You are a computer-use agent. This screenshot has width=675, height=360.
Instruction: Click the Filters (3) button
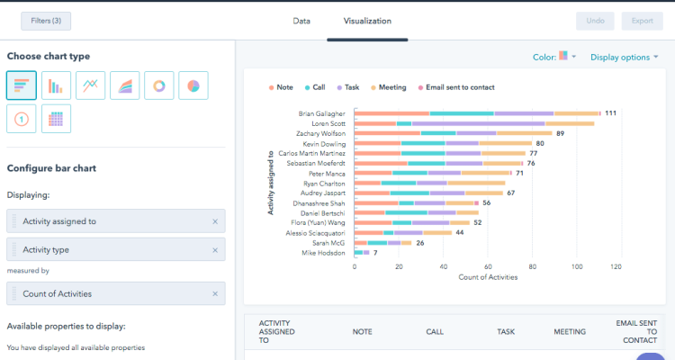(46, 21)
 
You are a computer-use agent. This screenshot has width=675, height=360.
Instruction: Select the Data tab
(302, 21)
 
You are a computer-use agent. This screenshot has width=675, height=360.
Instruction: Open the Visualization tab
(367, 21)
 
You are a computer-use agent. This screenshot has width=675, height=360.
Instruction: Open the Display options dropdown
(624, 57)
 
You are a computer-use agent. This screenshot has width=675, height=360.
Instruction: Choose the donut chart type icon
(159, 85)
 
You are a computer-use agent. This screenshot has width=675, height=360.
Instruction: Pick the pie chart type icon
(193, 85)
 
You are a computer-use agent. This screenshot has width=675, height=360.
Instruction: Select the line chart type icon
(91, 85)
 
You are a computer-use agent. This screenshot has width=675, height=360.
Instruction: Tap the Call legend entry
(314, 87)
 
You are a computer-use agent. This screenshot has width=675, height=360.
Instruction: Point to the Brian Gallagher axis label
(322, 113)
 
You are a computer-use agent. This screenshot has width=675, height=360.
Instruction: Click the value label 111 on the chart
(610, 113)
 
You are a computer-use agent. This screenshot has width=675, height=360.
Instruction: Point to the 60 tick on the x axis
(486, 266)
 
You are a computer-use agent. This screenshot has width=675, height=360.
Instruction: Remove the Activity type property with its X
(214, 250)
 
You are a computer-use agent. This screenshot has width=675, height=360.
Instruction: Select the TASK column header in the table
(506, 331)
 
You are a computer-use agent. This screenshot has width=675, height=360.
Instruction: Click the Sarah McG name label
(330, 243)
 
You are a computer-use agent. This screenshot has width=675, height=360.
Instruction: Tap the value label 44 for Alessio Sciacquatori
(459, 232)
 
